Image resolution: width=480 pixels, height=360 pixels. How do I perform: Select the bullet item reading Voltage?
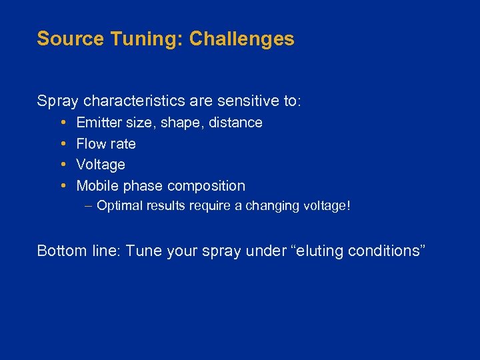click(101, 165)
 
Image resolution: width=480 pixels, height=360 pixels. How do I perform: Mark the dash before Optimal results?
click(89, 205)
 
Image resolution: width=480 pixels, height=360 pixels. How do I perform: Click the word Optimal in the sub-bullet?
click(117, 206)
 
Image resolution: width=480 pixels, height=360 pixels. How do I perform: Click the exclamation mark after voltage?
click(347, 206)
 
